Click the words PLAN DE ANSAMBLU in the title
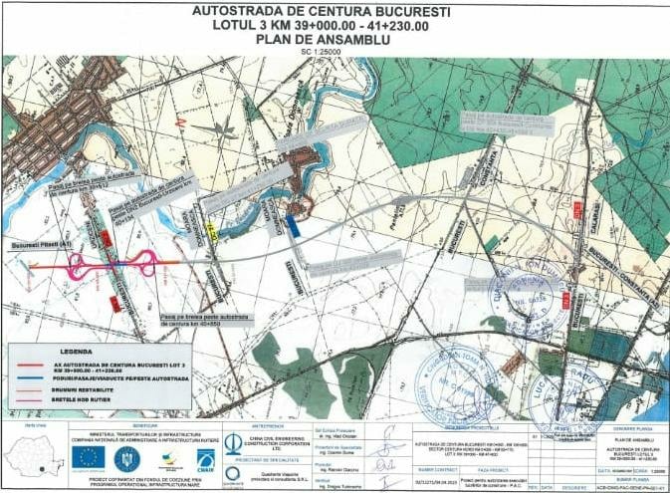pos(334,39)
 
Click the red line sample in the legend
pos(30,365)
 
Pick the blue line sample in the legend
pos(30,376)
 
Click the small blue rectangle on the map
pos(292,225)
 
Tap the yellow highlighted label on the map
pos(210,232)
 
